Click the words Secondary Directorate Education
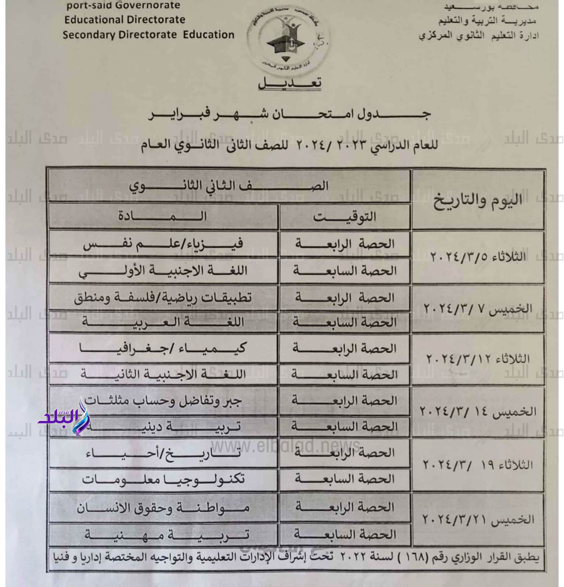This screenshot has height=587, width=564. [148, 35]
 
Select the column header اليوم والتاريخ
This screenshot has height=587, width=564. [478, 200]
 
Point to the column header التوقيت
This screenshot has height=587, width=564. [345, 216]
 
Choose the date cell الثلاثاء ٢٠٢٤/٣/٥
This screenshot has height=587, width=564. [478, 256]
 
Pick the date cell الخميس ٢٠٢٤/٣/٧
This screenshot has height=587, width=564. [478, 309]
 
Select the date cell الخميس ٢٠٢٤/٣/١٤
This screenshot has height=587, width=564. [478, 412]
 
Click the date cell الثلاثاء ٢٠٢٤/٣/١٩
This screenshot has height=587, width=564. [478, 465]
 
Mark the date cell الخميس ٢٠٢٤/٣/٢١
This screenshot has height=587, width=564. [478, 519]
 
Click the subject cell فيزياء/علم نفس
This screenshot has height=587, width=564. [163, 244]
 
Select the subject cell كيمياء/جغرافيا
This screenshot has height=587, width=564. [163, 348]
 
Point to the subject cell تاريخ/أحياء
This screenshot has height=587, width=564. [163, 453]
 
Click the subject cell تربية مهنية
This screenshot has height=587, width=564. [163, 534]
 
